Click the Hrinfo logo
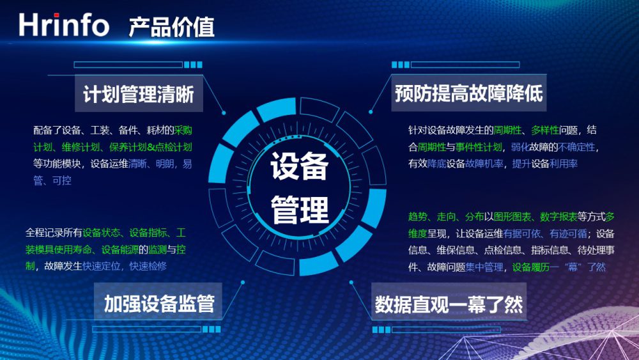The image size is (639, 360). pos(64,25)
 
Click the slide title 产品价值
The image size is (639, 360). pos(171,27)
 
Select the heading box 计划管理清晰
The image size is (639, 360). pos(139,94)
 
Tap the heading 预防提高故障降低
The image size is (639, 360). pos(468,93)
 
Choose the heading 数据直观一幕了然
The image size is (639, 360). pos(449,304)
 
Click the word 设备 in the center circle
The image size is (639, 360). pos(300,166)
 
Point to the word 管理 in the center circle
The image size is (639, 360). pos(300,210)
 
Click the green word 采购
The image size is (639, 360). pos(183,130)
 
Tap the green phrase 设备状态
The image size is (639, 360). pos(102,233)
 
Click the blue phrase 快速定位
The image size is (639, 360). pos(102,266)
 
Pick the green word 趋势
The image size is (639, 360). pos(418,217)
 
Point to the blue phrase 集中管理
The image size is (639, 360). pos(484,267)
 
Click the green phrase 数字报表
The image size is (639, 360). pos(558,217)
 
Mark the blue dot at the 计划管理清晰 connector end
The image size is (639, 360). pos(224,113)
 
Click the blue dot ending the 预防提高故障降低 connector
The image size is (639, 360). pos(371,112)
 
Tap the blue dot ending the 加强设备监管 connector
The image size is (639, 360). pos(243,282)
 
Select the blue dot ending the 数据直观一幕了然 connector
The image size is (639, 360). pos(351,282)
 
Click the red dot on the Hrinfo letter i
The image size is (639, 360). pos(57,15)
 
